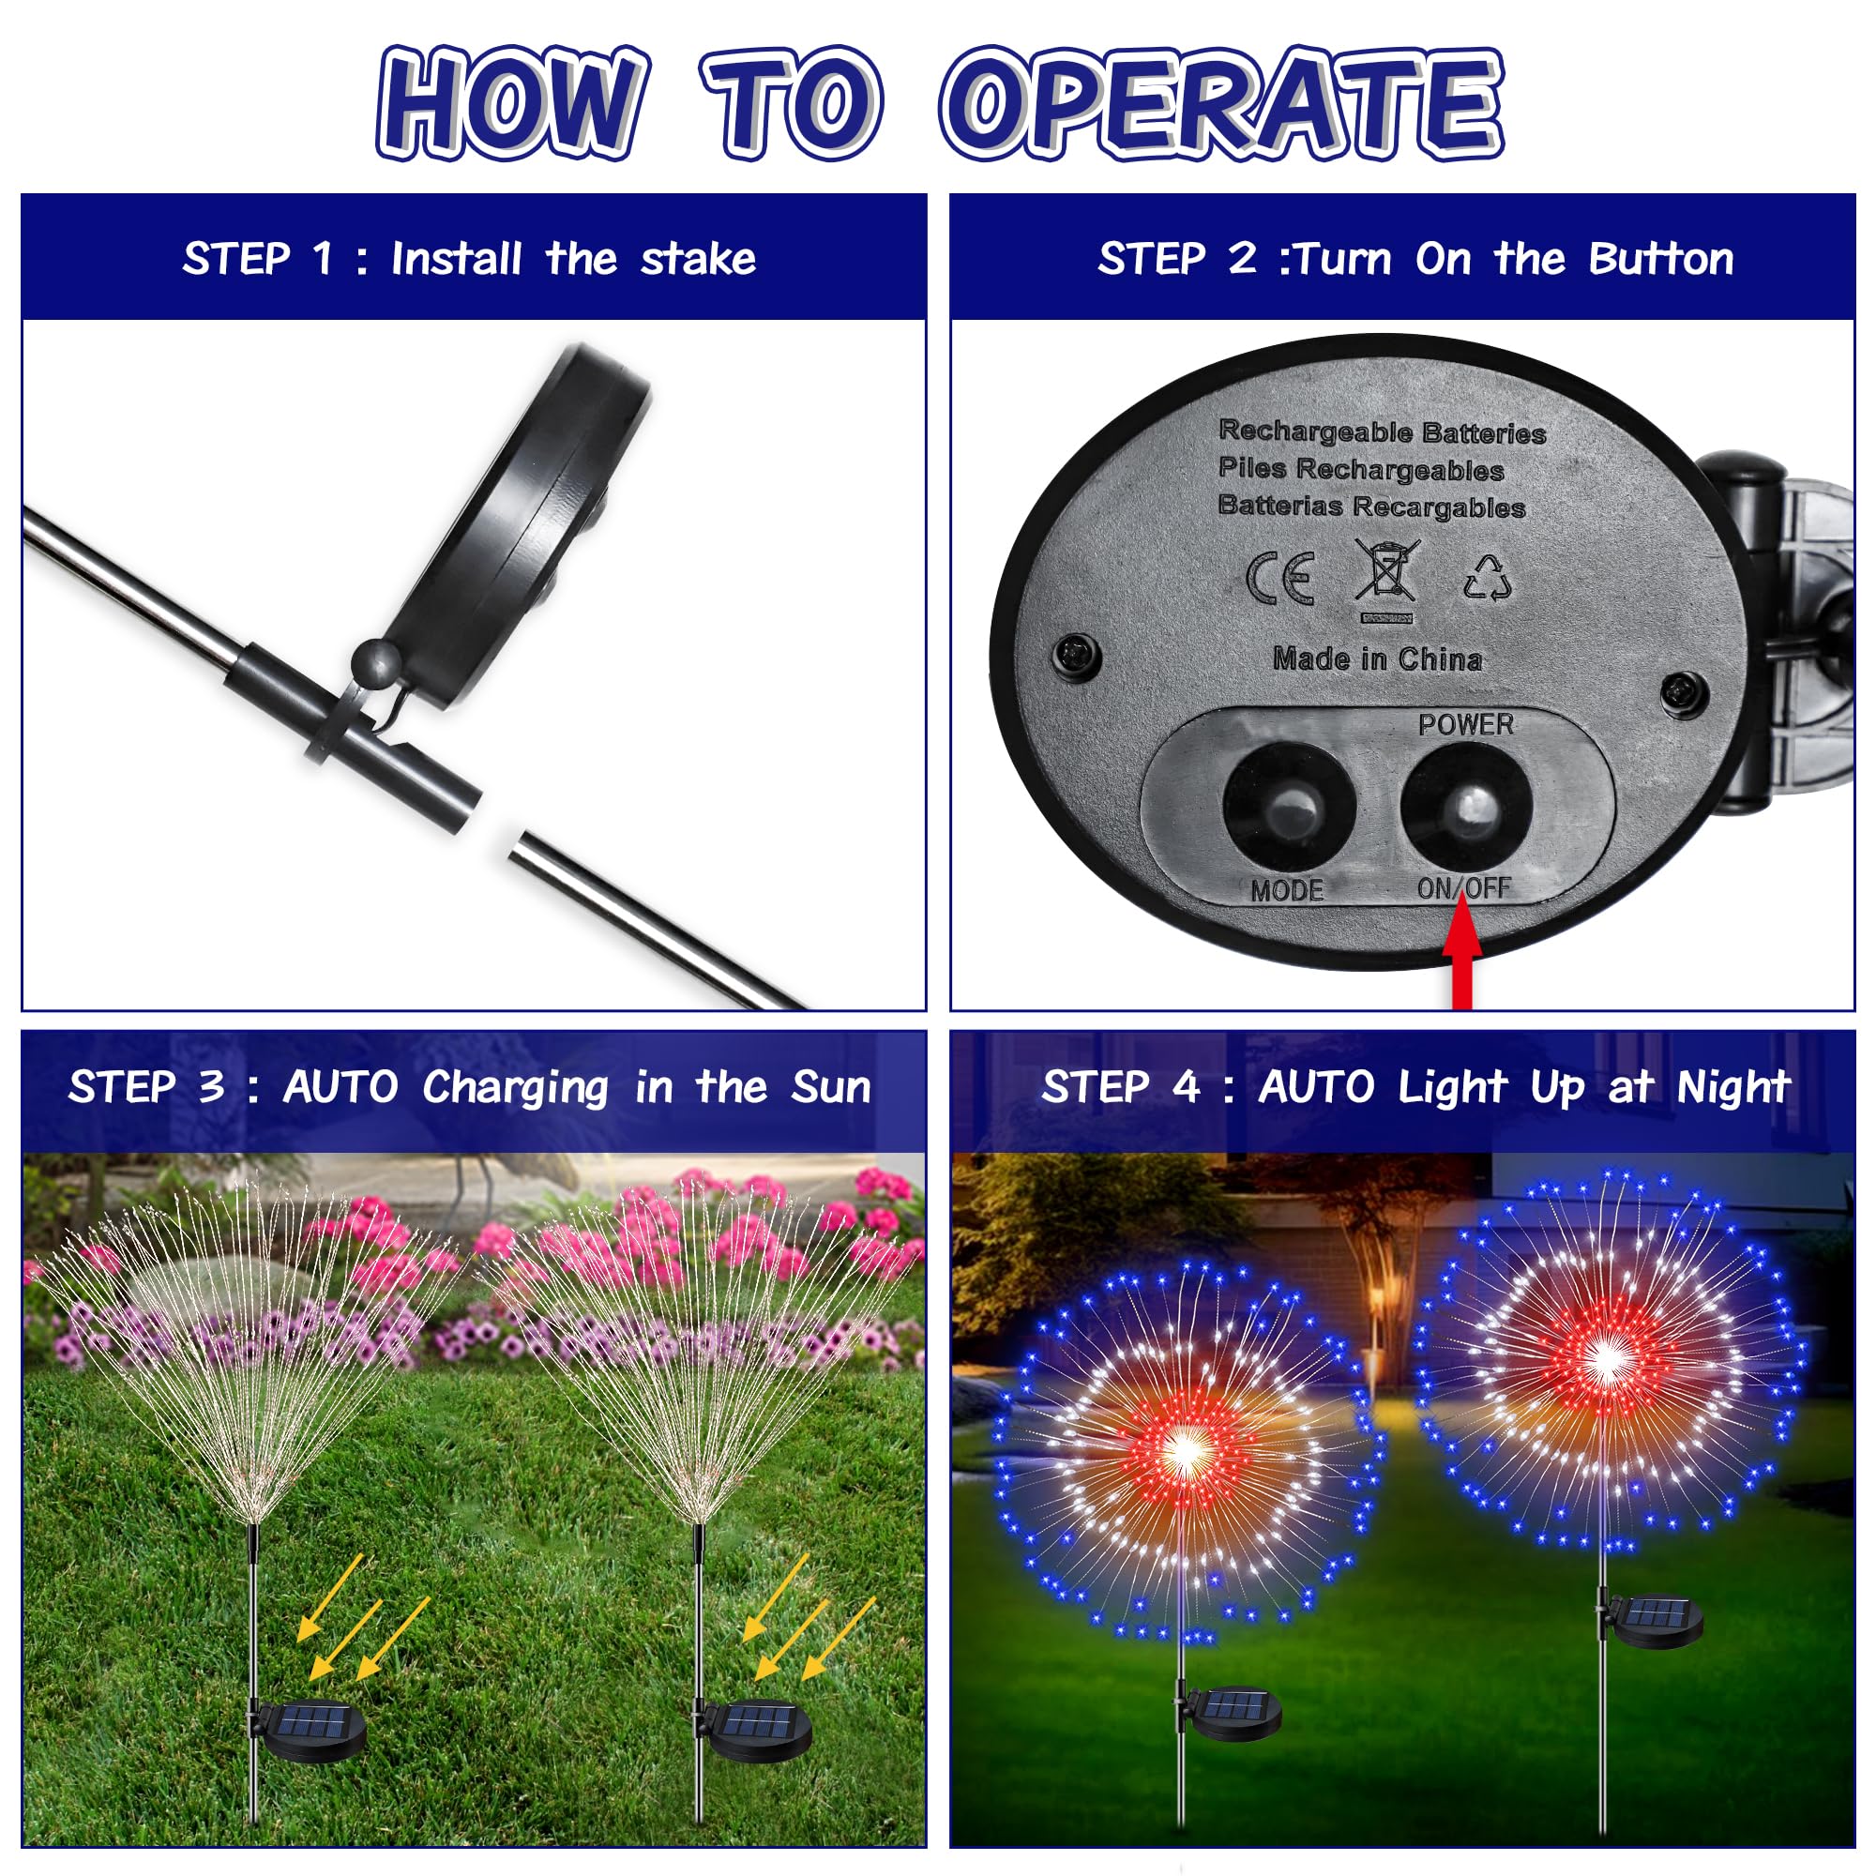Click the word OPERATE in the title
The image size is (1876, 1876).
pos(1221,104)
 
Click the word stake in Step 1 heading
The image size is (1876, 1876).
pos(698,259)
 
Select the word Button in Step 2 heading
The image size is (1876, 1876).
pos(1660,259)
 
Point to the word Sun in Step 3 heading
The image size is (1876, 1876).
pos(831,1086)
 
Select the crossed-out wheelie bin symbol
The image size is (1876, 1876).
pos(1386,580)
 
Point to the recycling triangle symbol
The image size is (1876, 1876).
pos(1488,577)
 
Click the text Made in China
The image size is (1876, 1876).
pos(1378,659)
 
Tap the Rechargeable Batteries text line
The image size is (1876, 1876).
pos(1382,431)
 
